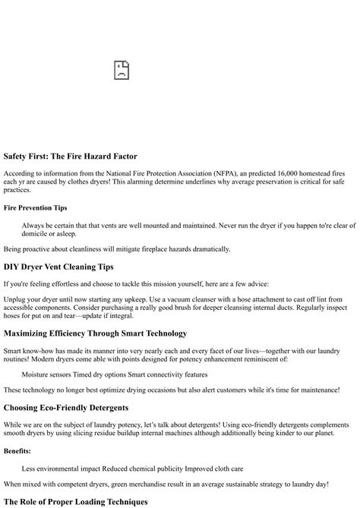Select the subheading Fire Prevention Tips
click(x=35, y=207)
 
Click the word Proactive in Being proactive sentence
click(x=43, y=248)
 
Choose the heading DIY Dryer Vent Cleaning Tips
click(x=58, y=267)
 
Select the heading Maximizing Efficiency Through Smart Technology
click(x=95, y=333)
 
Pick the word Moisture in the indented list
click(x=38, y=374)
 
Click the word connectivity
click(x=172, y=374)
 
